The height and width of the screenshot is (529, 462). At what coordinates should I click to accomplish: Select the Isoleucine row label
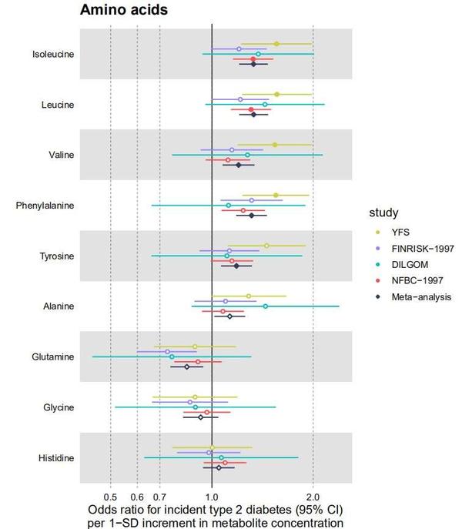[x=53, y=54]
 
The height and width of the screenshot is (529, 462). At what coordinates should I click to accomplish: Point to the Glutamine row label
[x=53, y=357]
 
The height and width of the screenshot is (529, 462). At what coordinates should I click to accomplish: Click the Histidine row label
[x=55, y=458]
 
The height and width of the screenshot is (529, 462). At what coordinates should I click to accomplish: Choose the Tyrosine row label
[x=55, y=256]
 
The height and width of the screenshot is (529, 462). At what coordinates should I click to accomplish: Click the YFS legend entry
[x=401, y=233]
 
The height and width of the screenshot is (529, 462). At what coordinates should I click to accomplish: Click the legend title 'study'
[x=383, y=213]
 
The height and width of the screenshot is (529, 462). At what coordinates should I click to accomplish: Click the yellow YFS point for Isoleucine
[x=276, y=44]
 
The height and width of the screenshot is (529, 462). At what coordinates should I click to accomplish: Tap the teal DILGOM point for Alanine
[x=266, y=306]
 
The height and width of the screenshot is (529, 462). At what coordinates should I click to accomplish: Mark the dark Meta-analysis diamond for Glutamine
[x=186, y=367]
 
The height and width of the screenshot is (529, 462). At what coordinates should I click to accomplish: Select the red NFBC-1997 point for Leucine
[x=251, y=109]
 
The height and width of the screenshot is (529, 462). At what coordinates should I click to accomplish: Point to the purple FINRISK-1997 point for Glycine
[x=190, y=402]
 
